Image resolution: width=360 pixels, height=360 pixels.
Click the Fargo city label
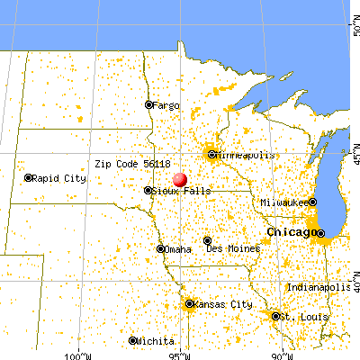[x=167, y=105]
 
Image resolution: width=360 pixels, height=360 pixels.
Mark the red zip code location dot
[x=179, y=179]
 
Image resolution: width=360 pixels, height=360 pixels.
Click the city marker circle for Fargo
[x=149, y=105]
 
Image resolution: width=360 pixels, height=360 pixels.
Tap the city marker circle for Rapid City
[x=29, y=178]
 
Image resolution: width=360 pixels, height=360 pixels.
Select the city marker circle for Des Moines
[x=207, y=241]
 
